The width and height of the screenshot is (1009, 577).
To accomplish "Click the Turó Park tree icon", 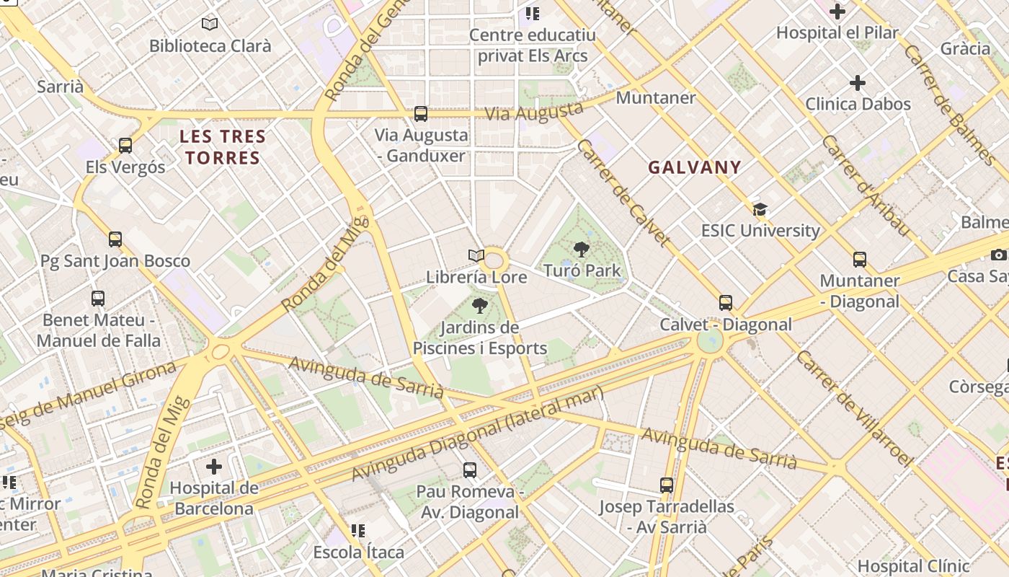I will [x=581, y=250].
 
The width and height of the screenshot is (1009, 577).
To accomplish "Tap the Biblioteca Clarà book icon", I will [x=210, y=25].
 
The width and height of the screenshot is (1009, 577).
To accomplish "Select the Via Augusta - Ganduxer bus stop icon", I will [x=421, y=114].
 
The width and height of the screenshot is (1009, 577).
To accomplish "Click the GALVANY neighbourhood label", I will [x=694, y=167].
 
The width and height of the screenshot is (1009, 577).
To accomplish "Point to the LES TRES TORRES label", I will [x=222, y=147].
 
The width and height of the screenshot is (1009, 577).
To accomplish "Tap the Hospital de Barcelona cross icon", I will [x=214, y=467].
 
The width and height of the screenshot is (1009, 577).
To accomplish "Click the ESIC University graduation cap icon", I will [x=760, y=210].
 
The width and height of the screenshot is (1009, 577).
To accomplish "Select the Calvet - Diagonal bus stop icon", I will [x=726, y=303].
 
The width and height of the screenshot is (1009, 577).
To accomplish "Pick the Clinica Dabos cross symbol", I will [x=857, y=83].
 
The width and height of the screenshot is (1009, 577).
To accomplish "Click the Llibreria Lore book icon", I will [x=476, y=256].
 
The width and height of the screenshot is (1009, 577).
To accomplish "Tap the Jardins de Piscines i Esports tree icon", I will [x=479, y=306].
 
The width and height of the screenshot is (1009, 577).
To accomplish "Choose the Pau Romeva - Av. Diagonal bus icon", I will [x=470, y=470].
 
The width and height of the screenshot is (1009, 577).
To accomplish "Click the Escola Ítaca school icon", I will [x=358, y=532].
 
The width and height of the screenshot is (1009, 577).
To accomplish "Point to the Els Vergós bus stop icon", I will [x=125, y=146].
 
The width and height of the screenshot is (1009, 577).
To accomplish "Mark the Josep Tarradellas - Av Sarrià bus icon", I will [x=667, y=485].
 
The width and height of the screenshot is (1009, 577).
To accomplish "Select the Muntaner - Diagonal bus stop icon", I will [x=859, y=260].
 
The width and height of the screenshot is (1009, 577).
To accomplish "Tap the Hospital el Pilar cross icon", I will [x=837, y=12].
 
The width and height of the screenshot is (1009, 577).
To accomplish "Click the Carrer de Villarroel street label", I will [x=855, y=408].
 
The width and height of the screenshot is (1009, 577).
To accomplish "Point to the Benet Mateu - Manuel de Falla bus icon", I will [x=98, y=298].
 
